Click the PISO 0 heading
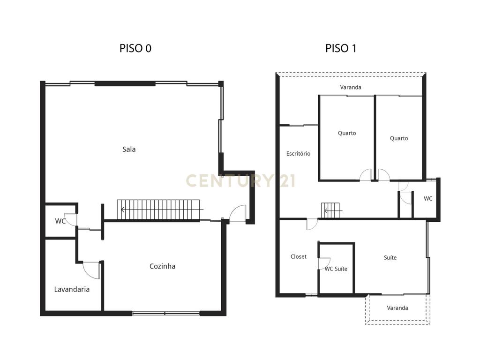click(x=135, y=48)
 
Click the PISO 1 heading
click(x=341, y=48)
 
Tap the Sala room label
click(x=129, y=150)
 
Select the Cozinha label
click(x=162, y=266)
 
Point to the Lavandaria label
click(x=72, y=289)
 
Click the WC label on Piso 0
click(x=60, y=221)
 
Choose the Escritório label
click(x=298, y=153)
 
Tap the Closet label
click(x=299, y=256)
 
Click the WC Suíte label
click(x=336, y=269)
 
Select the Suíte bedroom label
click(x=390, y=257)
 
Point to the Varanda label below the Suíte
click(x=397, y=308)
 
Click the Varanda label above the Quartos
click(x=351, y=87)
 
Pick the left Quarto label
click(x=347, y=133)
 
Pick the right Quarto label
click(x=399, y=138)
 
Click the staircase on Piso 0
click(x=158, y=210)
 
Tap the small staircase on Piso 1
click(x=330, y=210)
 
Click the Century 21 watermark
click(x=240, y=180)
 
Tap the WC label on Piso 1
click(x=428, y=199)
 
